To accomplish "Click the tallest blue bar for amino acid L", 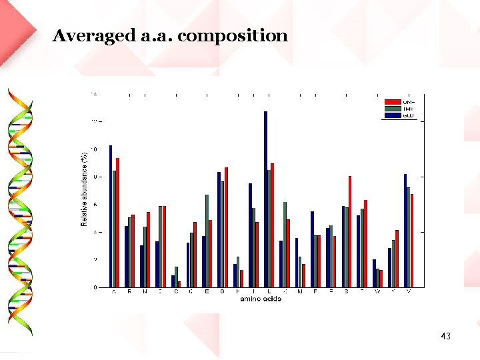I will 265,199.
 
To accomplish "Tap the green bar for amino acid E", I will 207,241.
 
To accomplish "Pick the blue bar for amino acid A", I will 111,216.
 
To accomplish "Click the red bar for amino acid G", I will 226,227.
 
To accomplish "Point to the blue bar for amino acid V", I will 405,231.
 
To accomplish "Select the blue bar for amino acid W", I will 374,273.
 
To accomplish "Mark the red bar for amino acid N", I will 149,249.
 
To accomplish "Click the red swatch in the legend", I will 392,101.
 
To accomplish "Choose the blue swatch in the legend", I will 392,115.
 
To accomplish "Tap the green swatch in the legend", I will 392,108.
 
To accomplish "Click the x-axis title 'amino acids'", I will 261,299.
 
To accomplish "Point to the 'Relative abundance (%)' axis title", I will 85,189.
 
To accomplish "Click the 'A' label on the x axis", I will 114,292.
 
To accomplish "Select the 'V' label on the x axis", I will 408,292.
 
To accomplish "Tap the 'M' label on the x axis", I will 300,292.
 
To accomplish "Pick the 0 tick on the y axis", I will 95,287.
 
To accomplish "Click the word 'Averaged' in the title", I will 93,36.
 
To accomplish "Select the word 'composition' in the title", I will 233,36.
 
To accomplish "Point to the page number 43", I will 445,336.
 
